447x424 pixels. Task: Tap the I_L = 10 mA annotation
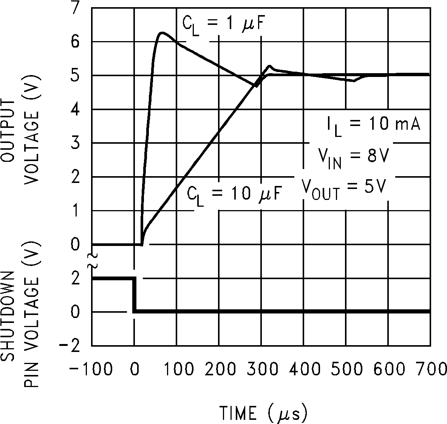point(373,124)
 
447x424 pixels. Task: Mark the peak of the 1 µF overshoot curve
point(162,33)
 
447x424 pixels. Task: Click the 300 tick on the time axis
point(261,369)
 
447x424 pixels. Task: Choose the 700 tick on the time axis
point(430,369)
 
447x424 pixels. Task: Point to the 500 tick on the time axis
point(345,369)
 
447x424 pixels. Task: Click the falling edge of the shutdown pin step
point(134,295)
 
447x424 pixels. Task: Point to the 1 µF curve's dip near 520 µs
point(354,80)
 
